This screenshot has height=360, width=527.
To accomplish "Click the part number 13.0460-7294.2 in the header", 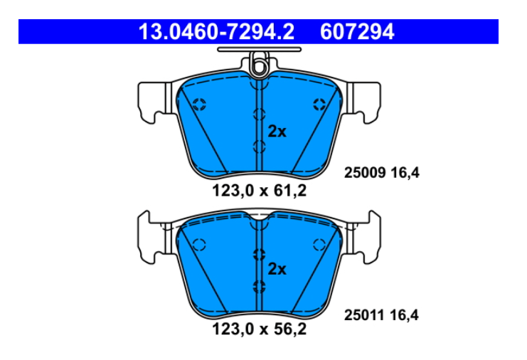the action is click(x=216, y=32).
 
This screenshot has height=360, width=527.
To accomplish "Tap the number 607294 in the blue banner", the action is click(x=357, y=32).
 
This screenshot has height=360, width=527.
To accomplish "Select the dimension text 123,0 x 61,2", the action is click(x=259, y=191).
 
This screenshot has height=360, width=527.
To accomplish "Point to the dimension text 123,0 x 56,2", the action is click(x=259, y=329).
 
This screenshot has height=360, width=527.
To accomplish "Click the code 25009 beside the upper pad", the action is click(x=365, y=173).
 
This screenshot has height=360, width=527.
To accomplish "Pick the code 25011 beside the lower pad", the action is click(x=364, y=315).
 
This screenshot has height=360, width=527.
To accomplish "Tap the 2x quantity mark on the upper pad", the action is click(x=277, y=132).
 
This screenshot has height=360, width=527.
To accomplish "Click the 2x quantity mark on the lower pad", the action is click(x=277, y=269).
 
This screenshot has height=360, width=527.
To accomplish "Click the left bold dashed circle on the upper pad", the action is click(x=199, y=104).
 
